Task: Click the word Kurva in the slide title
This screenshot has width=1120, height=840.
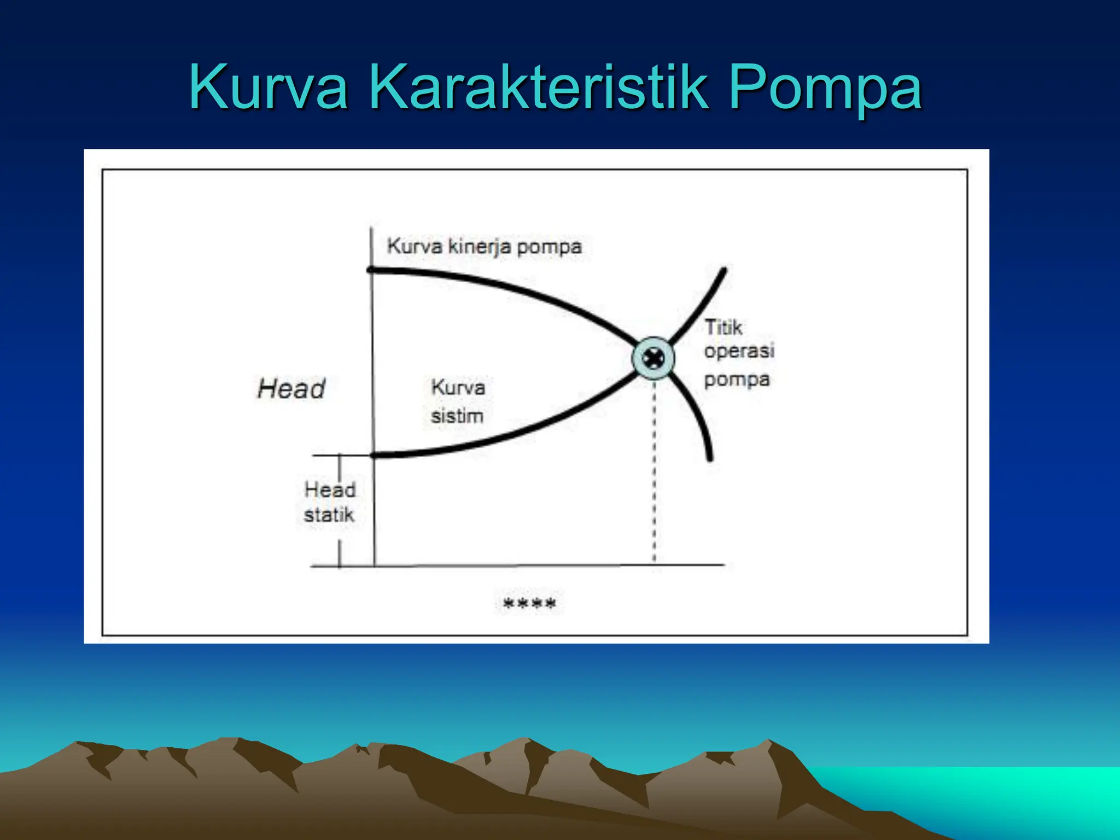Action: pos(268,87)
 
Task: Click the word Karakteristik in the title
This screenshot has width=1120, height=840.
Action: pos(539,87)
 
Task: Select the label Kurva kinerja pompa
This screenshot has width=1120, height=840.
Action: pos(484,247)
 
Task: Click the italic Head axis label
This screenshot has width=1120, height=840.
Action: pos(291,389)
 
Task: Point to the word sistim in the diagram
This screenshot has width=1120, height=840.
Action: pos(457,416)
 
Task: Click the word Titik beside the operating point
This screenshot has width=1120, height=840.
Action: pos(723,328)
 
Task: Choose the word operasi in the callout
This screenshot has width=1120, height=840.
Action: pos(739,351)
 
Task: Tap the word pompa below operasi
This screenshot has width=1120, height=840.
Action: pos(737,379)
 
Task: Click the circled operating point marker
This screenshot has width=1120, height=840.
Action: pos(653,359)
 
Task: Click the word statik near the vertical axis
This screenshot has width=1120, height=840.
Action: pos(329,515)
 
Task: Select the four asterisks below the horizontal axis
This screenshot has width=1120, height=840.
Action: pos(529,604)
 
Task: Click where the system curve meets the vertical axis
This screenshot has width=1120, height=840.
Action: pos(375,455)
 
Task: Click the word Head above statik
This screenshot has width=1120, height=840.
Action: pos(330,489)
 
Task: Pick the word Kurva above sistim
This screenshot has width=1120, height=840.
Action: pos(458,388)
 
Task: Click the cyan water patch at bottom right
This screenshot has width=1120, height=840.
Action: pos(1012,793)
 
